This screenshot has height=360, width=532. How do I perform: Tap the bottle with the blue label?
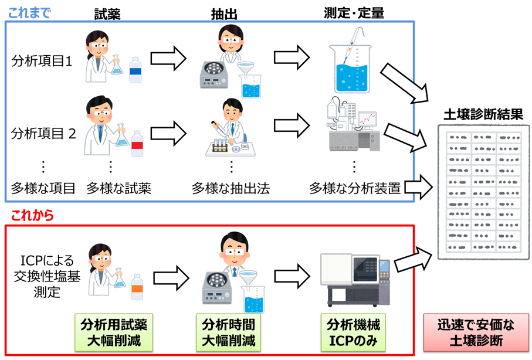[135, 70]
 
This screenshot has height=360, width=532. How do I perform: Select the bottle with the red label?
[137, 144]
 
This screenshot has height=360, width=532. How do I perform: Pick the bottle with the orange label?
[137, 287]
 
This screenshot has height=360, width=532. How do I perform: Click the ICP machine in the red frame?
[354, 280]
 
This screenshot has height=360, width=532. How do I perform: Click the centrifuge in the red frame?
[216, 288]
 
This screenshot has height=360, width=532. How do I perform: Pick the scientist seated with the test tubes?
[231, 127]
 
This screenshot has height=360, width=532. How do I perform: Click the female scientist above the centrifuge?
[229, 41]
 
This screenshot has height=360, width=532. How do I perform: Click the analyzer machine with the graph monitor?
[354, 125]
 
